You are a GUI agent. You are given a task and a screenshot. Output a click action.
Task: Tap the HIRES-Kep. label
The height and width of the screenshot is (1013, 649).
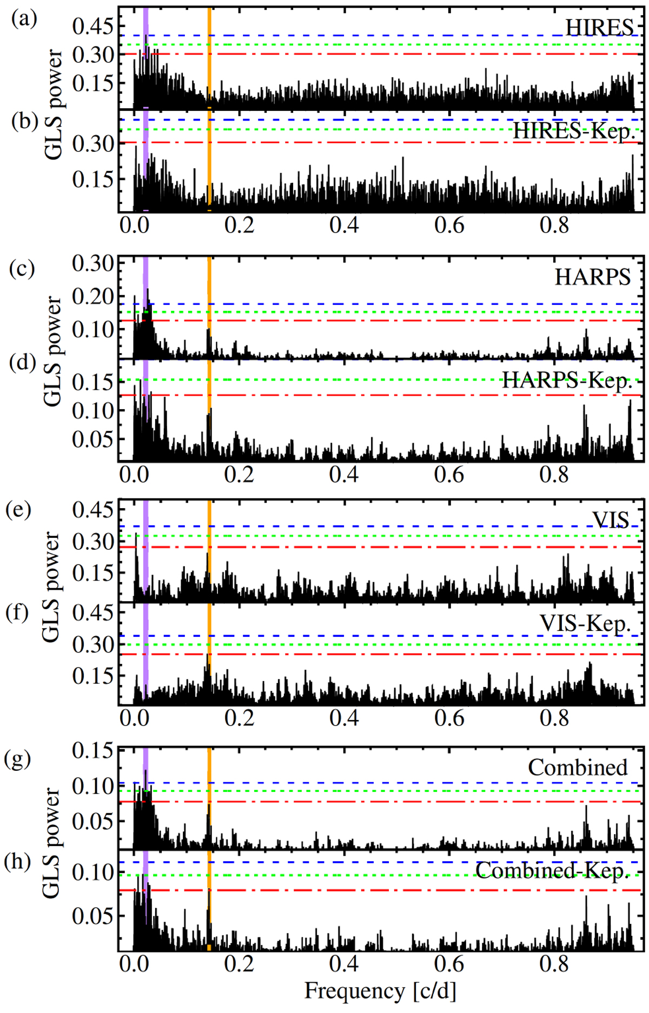click(573, 130)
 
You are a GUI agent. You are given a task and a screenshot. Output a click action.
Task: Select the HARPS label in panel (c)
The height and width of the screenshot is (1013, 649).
click(593, 277)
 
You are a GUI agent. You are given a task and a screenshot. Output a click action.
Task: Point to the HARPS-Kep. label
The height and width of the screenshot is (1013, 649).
click(567, 381)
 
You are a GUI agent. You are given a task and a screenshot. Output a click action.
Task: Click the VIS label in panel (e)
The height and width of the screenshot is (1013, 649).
click(611, 520)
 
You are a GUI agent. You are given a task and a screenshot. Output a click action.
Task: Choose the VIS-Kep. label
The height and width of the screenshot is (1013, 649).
click(585, 624)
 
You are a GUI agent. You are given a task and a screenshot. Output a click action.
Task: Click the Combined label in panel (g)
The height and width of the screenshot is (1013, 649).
click(578, 767)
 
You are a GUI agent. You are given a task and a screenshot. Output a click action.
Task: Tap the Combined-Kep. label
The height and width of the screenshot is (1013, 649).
click(552, 870)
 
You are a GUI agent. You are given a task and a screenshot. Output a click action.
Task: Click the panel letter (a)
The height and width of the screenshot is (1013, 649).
click(24, 19)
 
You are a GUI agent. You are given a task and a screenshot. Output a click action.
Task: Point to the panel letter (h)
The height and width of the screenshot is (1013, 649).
click(17, 861)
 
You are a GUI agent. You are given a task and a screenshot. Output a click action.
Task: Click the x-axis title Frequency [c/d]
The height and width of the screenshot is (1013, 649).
click(380, 990)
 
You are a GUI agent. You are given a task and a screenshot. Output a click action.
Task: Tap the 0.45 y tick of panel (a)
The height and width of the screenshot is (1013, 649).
click(93, 26)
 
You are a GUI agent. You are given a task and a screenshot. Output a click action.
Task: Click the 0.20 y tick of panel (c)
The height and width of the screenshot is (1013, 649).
click(93, 297)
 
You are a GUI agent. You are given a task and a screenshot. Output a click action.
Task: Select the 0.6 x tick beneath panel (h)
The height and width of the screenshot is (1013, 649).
click(449, 963)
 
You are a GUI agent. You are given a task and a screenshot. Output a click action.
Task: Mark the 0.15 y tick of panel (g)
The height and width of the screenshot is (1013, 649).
click(93, 751)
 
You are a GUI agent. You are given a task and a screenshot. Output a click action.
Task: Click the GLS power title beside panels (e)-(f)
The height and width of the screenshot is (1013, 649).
click(51, 587)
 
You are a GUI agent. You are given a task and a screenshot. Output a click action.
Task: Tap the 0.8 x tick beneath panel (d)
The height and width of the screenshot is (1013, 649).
click(554, 475)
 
